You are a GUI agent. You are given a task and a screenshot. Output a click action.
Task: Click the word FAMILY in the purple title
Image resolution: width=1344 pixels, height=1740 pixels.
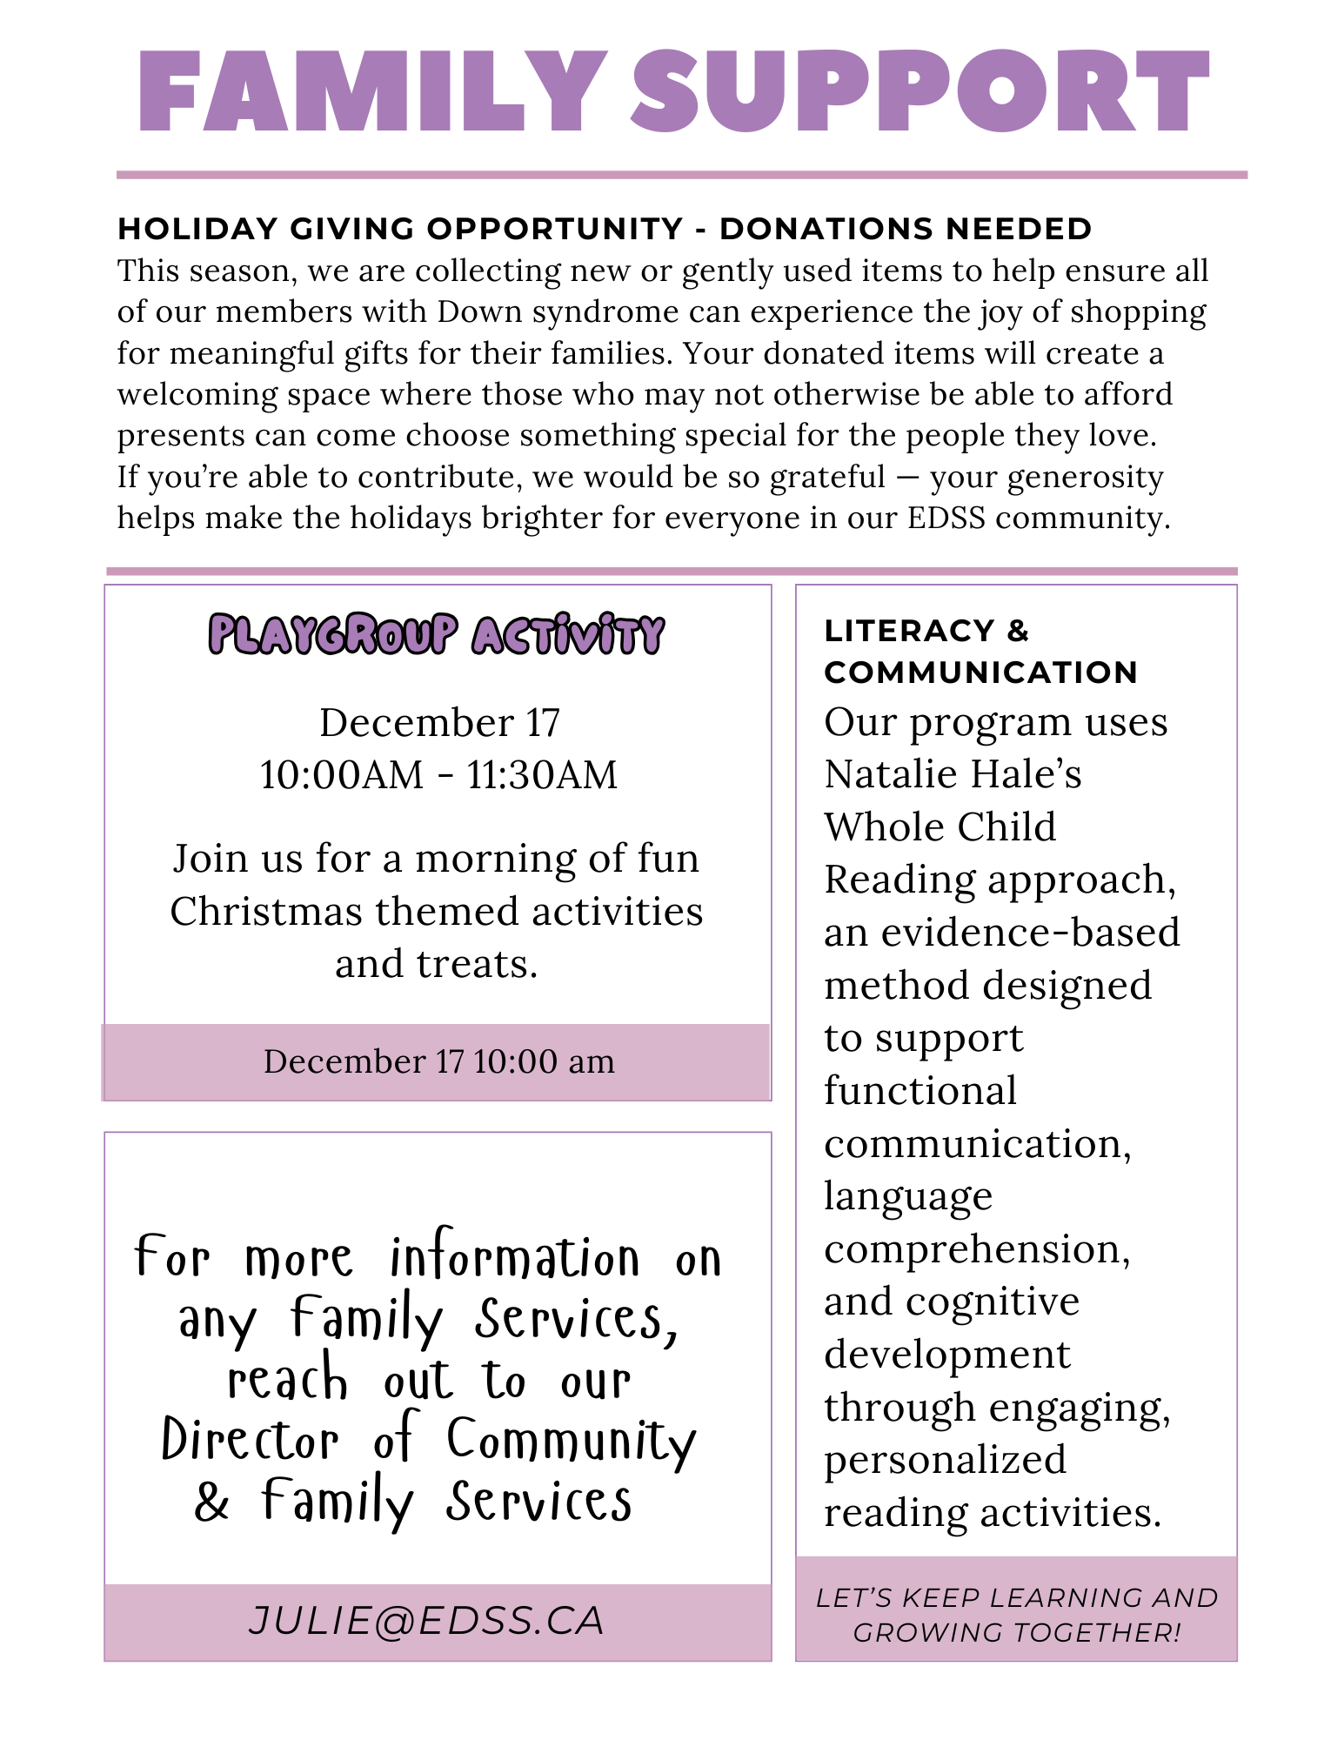pos(372,91)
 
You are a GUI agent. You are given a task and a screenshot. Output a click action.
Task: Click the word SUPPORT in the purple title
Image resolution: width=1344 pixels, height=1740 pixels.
pos(920,91)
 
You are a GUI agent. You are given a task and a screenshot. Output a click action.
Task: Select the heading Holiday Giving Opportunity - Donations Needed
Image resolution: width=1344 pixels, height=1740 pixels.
pos(605,229)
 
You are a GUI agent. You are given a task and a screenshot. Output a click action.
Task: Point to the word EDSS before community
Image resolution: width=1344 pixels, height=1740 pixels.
pos(946,518)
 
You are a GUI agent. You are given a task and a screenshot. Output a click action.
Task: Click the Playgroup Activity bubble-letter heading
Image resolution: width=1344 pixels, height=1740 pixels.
pos(437,634)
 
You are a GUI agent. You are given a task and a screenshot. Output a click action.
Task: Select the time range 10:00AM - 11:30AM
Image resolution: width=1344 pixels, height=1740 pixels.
pos(438,774)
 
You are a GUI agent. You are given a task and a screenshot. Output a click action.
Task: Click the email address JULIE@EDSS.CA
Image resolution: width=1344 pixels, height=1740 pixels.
pos(426,1621)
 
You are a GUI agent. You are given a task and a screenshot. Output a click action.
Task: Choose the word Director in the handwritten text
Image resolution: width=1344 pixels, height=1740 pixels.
pos(251,1442)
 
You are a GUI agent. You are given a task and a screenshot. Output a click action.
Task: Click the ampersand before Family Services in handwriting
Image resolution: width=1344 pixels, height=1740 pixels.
pos(211,1502)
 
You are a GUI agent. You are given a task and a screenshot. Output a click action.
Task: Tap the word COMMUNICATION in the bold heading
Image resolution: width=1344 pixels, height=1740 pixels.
pos(981,673)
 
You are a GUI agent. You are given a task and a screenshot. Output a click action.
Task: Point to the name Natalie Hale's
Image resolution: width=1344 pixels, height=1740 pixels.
pos(953,774)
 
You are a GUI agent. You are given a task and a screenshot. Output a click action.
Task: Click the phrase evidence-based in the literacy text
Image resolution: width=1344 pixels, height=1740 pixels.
pos(1031,933)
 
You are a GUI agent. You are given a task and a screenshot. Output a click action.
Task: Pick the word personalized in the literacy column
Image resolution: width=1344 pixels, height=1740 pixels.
pos(945,1460)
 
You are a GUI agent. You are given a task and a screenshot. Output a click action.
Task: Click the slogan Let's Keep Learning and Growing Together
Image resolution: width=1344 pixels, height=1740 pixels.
pos(1016,1615)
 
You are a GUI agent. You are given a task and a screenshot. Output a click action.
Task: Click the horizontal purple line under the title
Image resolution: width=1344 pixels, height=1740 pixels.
pos(682,175)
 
